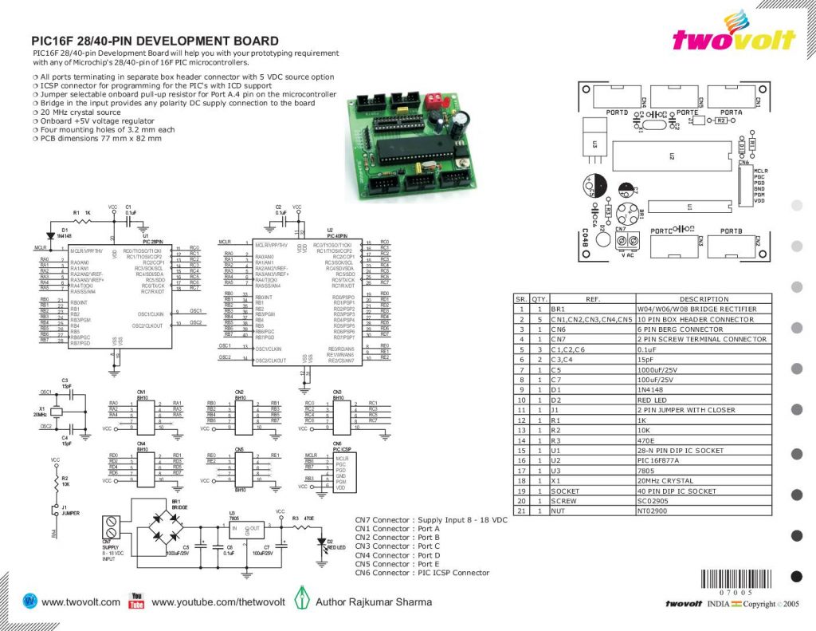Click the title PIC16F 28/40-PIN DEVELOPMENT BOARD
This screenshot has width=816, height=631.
(x=155, y=41)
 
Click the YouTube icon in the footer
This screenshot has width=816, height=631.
(x=135, y=601)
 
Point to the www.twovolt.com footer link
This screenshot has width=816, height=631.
(x=80, y=602)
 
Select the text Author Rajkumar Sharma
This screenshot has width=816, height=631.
(x=374, y=602)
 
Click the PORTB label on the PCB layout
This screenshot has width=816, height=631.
(x=732, y=231)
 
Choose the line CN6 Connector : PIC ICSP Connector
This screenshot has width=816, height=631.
(x=422, y=573)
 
